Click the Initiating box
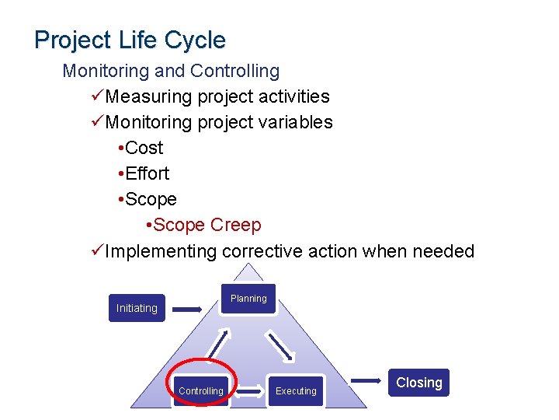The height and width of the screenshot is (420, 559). (137, 308)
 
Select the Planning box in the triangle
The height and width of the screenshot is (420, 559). (248, 299)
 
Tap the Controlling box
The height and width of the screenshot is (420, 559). (201, 390)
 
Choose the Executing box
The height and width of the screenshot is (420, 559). (296, 390)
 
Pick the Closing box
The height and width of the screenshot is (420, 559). (419, 383)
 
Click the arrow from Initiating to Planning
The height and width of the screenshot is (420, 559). (187, 309)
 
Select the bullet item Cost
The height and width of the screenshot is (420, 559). (144, 148)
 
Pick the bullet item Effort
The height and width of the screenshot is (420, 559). (147, 173)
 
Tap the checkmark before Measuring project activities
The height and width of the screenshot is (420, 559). (97, 96)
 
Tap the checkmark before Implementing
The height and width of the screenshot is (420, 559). (97, 251)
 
